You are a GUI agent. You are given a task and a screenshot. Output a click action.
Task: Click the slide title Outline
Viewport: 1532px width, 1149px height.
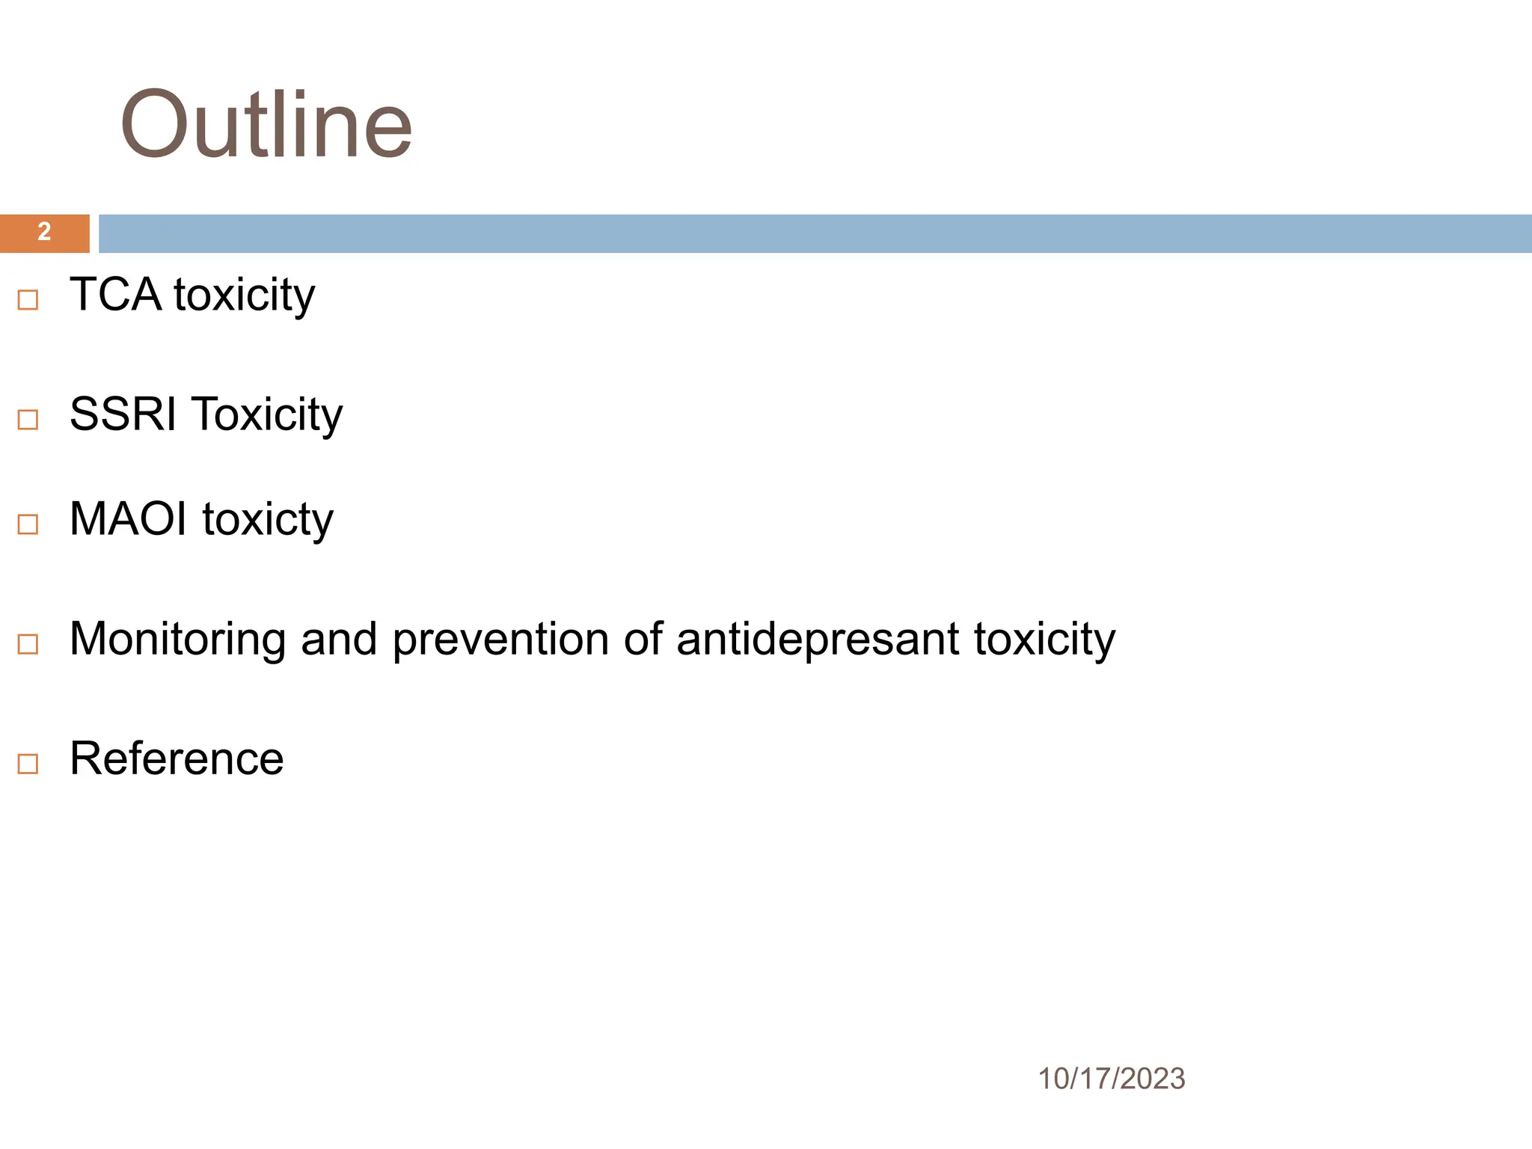point(266,124)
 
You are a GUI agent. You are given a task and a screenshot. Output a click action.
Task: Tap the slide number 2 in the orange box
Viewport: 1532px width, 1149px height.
point(44,232)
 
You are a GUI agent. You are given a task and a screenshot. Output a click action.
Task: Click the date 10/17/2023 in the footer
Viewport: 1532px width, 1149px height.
point(1111,1079)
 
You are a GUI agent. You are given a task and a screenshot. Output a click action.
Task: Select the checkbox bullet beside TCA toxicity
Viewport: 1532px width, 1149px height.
point(28,300)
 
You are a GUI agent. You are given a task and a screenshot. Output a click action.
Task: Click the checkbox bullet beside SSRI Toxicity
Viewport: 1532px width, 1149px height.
point(28,420)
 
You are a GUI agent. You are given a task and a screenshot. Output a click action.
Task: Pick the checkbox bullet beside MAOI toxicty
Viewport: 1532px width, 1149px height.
point(28,524)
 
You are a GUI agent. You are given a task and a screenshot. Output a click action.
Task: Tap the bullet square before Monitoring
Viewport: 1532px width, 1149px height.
point(28,644)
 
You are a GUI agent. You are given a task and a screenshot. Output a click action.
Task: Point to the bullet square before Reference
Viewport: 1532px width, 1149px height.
point(28,764)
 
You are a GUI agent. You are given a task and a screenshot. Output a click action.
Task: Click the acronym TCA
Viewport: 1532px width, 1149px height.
point(115,294)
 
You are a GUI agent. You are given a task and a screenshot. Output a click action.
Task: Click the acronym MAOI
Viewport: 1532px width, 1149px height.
point(128,518)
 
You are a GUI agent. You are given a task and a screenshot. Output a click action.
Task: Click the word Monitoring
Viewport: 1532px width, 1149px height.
point(178,639)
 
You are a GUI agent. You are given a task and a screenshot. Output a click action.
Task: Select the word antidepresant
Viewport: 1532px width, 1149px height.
point(818,639)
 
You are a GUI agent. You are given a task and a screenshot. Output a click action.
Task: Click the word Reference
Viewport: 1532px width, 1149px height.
point(177,759)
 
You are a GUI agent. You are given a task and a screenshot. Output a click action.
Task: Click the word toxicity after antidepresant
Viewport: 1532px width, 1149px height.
point(1044,640)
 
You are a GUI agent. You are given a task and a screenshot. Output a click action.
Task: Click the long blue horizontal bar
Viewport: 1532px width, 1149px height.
point(814,233)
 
